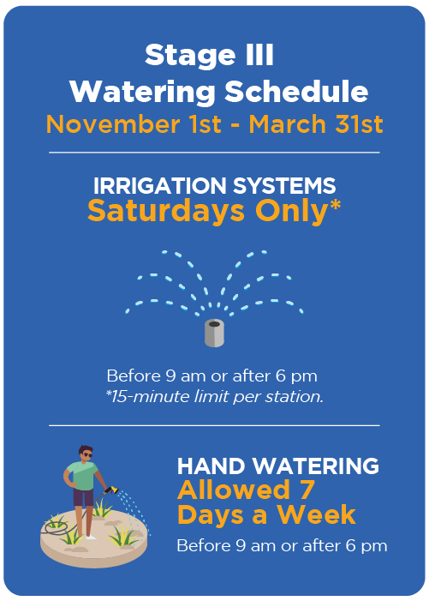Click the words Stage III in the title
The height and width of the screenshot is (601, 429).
click(x=209, y=56)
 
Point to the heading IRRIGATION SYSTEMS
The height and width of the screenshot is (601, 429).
click(x=214, y=184)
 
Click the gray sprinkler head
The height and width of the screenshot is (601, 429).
click(x=214, y=333)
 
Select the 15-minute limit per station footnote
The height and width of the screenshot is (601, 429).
click(x=214, y=397)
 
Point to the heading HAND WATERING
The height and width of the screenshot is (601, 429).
click(x=277, y=466)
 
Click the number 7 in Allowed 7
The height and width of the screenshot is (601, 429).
click(x=306, y=490)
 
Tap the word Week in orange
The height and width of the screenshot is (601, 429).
click(x=319, y=515)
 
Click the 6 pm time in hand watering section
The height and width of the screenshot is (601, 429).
click(x=365, y=545)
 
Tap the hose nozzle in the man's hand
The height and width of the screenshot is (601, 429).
click(x=110, y=490)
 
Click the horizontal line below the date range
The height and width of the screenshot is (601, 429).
click(x=214, y=153)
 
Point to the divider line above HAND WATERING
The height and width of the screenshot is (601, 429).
click(x=214, y=424)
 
